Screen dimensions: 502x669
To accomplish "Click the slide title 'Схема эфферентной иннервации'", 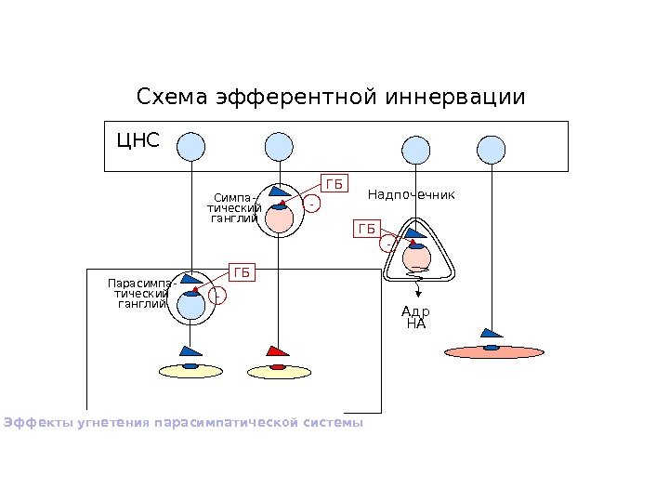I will (x=331, y=98).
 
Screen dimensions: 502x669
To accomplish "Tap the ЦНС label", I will (x=138, y=141).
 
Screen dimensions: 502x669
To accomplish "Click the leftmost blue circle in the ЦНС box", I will (x=190, y=146).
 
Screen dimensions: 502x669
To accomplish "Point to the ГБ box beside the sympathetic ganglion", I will (x=333, y=184).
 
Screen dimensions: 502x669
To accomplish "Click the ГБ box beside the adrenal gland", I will (x=368, y=228).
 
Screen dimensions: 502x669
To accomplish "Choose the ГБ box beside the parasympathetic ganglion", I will (x=242, y=272).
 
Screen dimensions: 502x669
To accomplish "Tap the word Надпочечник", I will (x=411, y=194).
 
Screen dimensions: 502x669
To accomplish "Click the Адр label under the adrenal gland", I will (x=415, y=312).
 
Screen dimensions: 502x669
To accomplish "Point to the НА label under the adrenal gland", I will (x=415, y=324).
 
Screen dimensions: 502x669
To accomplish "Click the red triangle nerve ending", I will (x=277, y=351).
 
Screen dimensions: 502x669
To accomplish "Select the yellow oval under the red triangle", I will (x=277, y=371).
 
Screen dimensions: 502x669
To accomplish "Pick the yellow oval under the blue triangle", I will (x=190, y=371).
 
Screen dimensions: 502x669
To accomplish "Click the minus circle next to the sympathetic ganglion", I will (x=313, y=203).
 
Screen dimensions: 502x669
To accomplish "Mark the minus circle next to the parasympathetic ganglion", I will (x=216, y=297).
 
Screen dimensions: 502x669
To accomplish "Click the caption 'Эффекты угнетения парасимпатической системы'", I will (x=183, y=423).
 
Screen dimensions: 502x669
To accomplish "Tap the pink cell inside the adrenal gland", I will (x=416, y=257).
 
